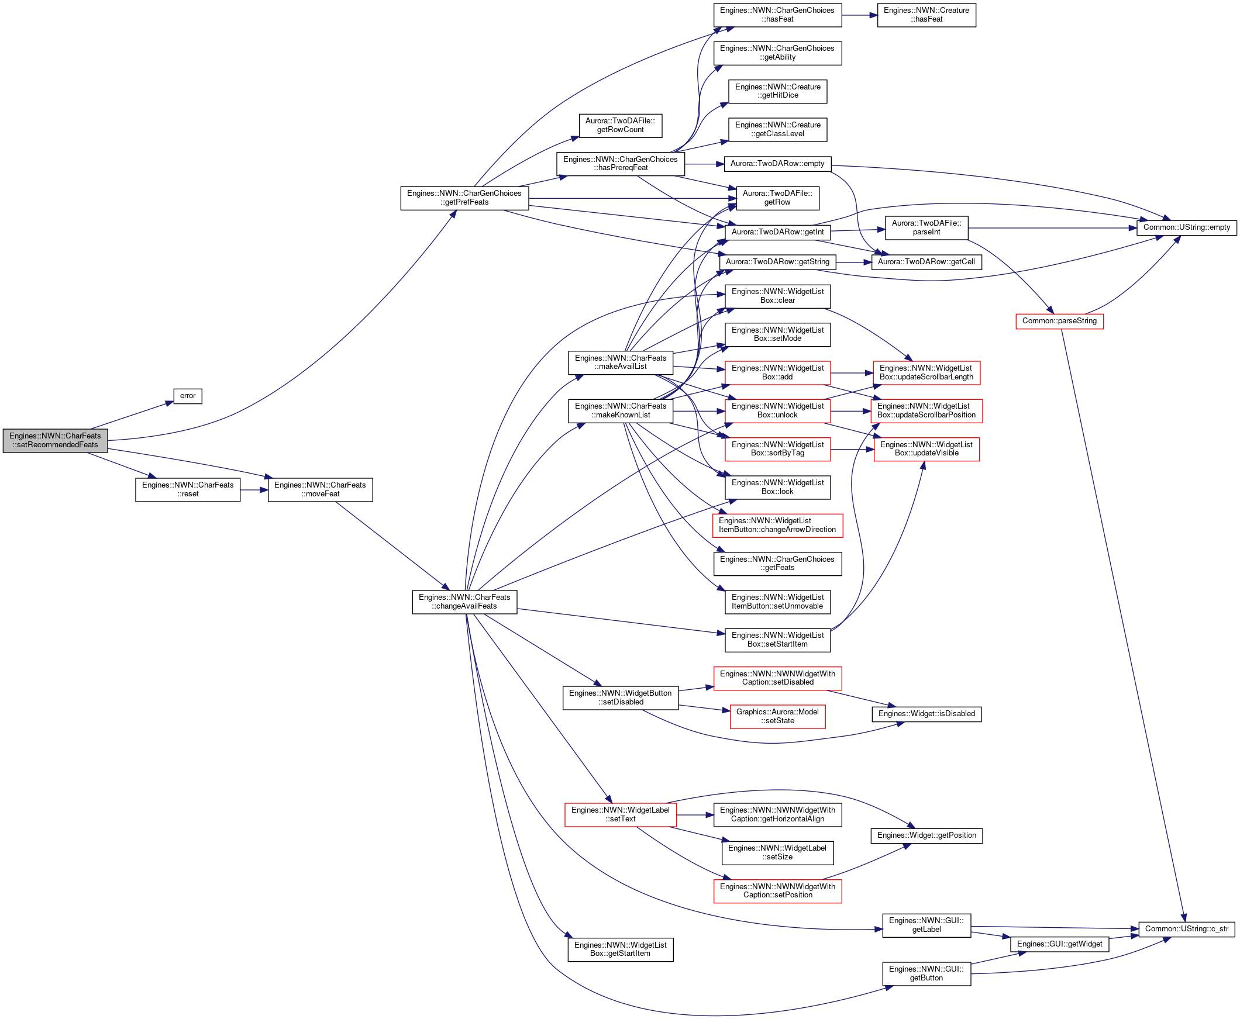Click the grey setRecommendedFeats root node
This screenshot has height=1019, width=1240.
coord(55,440)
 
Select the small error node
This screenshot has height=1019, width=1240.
coord(188,396)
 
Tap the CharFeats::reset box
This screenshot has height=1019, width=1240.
coord(188,489)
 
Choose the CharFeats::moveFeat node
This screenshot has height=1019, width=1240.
coord(320,489)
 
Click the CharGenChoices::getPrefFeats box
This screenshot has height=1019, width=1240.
coord(464,198)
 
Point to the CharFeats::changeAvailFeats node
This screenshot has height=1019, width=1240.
coord(464,602)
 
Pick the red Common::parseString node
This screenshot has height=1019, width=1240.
coord(1059,321)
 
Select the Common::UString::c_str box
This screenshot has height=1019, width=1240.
coord(1187,929)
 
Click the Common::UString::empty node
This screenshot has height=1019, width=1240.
coord(1187,227)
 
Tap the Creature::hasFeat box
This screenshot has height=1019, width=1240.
coord(926,15)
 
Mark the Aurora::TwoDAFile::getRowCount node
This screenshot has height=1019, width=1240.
coord(621,126)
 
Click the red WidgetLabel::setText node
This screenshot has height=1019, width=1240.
coord(621,815)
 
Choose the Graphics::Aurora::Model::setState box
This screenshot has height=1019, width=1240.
coord(777,717)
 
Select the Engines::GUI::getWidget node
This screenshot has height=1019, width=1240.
coord(1059,944)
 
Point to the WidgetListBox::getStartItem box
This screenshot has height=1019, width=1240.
coord(621,950)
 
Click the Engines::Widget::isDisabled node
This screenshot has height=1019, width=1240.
coord(926,714)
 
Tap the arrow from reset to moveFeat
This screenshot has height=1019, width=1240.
coord(254,489)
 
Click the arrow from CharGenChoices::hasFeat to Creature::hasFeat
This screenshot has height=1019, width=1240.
coord(860,15)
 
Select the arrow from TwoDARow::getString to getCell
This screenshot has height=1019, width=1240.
coord(854,262)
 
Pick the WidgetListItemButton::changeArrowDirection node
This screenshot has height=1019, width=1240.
coord(777,526)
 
